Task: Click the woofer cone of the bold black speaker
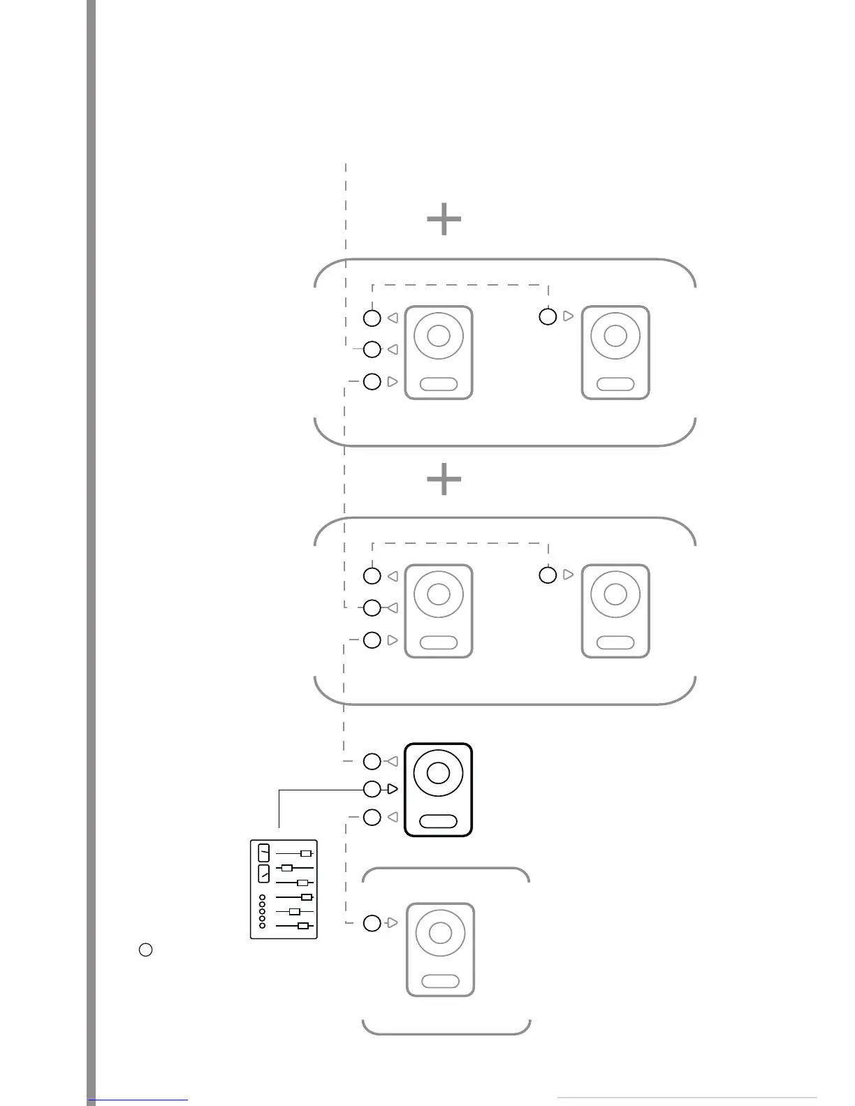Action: point(439,773)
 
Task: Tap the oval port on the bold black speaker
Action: point(439,821)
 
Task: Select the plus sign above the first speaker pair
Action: point(444,220)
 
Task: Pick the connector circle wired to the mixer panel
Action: point(372,789)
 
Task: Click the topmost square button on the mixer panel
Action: point(263,853)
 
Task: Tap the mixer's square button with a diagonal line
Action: point(263,873)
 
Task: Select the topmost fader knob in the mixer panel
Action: point(305,853)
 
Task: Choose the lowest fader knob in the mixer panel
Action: point(302,926)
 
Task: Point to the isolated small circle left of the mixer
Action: point(145,950)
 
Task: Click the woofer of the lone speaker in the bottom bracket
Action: point(440,933)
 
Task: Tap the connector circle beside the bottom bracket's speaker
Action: point(372,923)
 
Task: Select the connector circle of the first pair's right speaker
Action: point(548,317)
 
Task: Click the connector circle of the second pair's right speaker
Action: point(548,575)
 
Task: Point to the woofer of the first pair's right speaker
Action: point(615,336)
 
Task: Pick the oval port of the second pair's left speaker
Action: point(439,642)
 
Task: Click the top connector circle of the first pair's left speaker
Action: point(372,318)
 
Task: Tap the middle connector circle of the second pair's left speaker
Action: point(372,607)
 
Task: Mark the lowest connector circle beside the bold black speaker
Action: point(372,817)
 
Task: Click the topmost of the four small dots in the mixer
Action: point(263,897)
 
